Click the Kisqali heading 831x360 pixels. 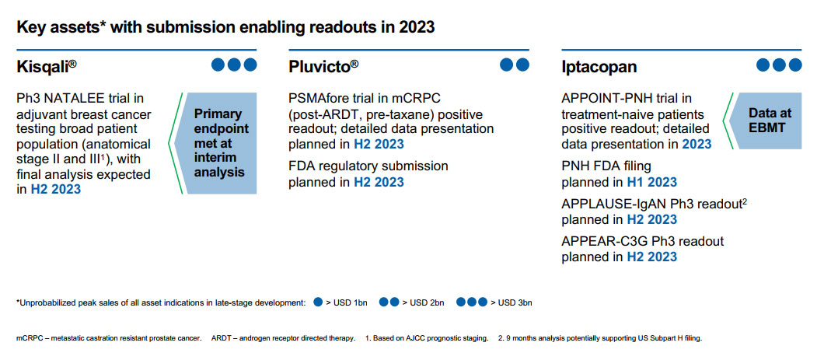(47, 68)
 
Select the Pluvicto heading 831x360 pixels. (323, 68)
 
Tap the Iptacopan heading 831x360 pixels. (599, 68)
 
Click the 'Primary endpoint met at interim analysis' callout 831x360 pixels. (218, 143)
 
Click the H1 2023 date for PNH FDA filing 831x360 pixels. (652, 182)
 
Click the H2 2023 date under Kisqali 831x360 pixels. (56, 189)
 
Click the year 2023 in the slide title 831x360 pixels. (417, 27)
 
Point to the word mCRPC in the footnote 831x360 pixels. (27, 338)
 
